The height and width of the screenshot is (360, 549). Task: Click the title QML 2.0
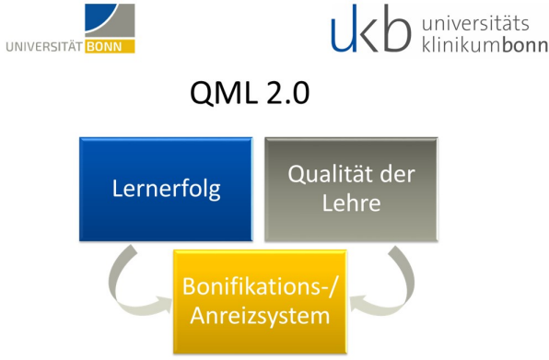[250, 92]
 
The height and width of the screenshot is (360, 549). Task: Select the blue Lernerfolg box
[166, 189]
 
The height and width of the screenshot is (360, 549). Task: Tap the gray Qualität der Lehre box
[351, 189]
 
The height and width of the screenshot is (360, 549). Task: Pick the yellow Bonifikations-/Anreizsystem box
[260, 302]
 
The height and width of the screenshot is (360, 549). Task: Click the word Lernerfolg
[167, 190]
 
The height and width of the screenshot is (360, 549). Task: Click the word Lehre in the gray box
[351, 203]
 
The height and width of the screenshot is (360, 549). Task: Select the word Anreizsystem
[260, 317]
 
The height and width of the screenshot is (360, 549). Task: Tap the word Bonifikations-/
[260, 287]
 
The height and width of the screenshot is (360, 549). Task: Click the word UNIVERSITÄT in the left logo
[44, 47]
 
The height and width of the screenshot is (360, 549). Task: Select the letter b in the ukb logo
[396, 29]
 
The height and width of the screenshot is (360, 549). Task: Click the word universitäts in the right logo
[475, 23]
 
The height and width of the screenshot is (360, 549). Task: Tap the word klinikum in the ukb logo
[462, 45]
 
